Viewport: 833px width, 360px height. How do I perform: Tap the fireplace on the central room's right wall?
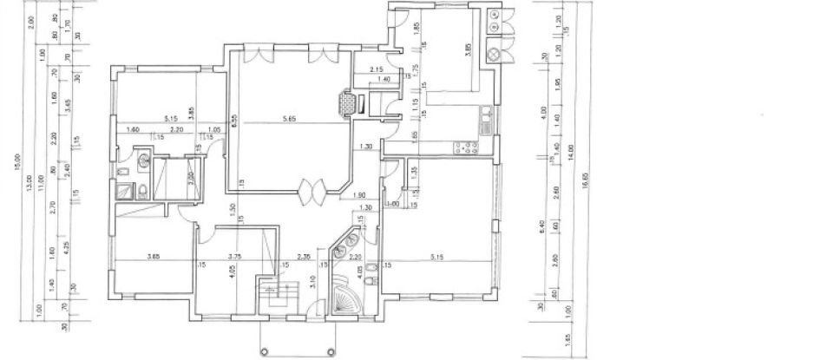pyautogui.click(x=349, y=104)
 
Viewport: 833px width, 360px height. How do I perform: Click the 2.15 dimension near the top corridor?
pyautogui.click(x=376, y=69)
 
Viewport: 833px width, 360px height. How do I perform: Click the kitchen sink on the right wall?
pyautogui.click(x=487, y=117)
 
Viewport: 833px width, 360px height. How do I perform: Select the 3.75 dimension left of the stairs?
pyautogui.click(x=234, y=256)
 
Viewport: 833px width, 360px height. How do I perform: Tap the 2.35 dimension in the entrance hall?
pyautogui.click(x=302, y=256)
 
